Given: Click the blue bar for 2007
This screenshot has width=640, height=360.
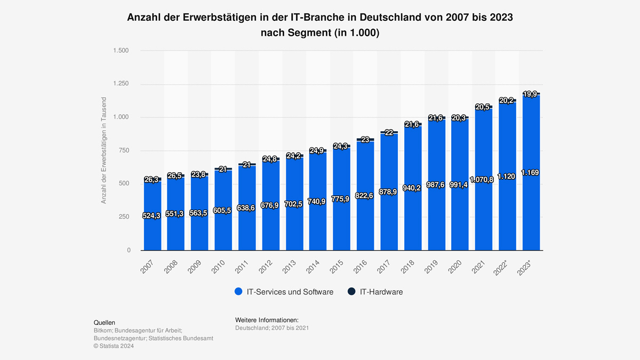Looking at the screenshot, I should coord(152,235).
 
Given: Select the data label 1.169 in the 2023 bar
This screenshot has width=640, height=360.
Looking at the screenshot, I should coord(531,173).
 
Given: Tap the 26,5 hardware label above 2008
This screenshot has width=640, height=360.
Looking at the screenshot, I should coord(175,175).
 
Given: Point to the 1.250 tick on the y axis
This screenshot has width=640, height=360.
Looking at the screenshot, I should coord(121,84).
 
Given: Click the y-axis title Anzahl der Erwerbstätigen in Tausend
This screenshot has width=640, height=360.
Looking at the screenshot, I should coord(104,150).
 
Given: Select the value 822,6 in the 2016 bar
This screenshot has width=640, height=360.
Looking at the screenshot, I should coord(365,196).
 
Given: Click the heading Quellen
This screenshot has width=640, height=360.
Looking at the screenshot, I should coord(105,323).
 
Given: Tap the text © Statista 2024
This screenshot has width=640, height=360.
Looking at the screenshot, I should coord(114,346).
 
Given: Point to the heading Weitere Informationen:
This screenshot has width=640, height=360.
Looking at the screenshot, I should coord(267,319).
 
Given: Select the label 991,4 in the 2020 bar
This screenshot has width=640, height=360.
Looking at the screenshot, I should coord(460,185).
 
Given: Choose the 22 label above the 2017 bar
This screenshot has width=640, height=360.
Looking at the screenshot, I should coord(389,133).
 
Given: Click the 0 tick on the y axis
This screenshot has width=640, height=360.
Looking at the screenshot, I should coord(129,250).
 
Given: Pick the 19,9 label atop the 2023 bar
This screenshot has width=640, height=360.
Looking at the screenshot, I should coord(531,94).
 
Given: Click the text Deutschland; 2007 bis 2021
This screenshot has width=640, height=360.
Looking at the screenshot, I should coord(272,327).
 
